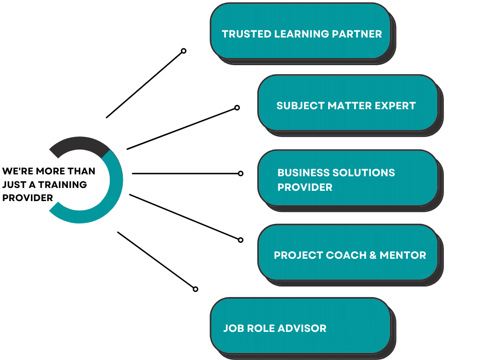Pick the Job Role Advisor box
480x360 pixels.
[x=300, y=325]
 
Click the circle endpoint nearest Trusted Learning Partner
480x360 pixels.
[x=184, y=51]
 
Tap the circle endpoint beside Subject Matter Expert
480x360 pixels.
[x=237, y=107]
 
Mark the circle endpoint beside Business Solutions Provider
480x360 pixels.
[x=241, y=173]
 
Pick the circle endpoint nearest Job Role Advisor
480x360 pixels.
[x=195, y=289]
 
